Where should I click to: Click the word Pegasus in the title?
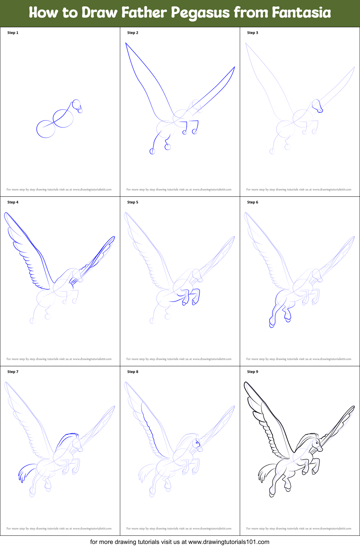[x=200, y=13]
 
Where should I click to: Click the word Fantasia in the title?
[x=301, y=13]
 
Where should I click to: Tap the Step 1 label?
[x=13, y=33]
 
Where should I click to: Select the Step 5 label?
[x=132, y=202]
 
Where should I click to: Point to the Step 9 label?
[x=252, y=372]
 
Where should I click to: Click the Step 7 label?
[x=13, y=372]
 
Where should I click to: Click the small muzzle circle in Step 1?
[x=80, y=111]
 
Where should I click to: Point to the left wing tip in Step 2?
[x=126, y=43]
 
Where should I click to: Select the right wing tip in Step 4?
[x=114, y=237]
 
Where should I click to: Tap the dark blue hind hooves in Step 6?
[x=279, y=322]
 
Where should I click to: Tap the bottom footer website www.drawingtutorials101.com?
[x=229, y=542]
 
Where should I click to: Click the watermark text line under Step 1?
[x=59, y=190]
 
